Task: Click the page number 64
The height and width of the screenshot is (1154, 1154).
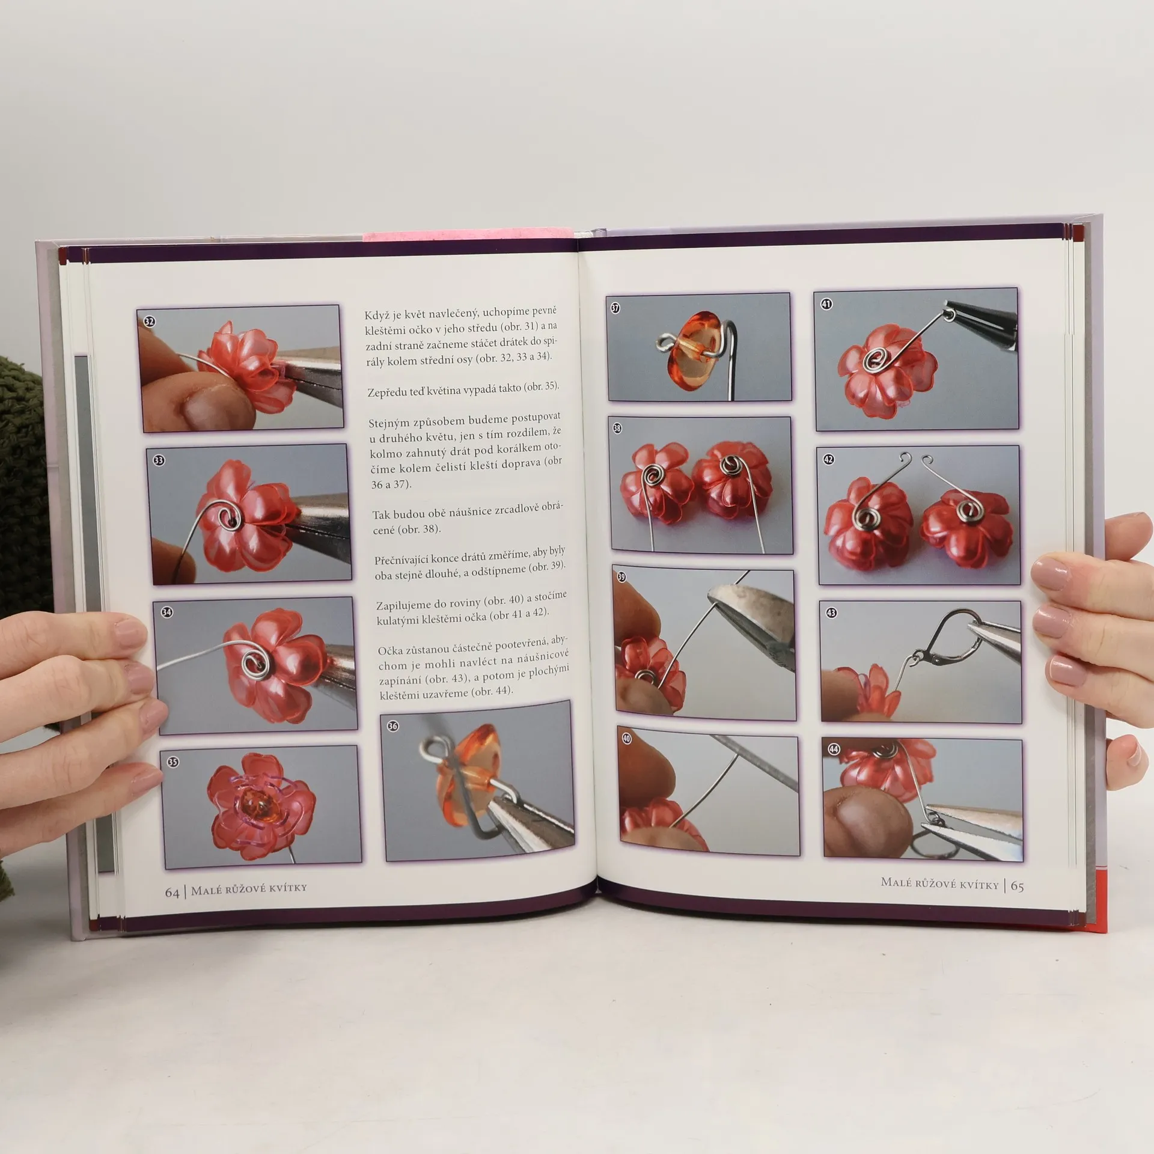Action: [172, 893]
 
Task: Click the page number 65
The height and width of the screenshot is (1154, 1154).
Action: [1017, 886]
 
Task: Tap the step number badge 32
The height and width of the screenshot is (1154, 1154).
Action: [149, 321]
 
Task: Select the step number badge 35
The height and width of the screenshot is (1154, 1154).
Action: [172, 762]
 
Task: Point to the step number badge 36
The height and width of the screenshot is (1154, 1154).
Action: [392, 726]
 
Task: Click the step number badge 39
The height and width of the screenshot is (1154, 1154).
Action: [621, 577]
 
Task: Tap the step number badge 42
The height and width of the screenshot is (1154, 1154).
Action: [828, 459]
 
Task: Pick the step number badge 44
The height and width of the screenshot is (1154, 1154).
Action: [834, 749]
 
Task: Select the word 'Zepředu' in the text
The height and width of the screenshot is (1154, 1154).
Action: [387, 392]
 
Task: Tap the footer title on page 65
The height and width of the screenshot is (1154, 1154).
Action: [939, 884]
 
